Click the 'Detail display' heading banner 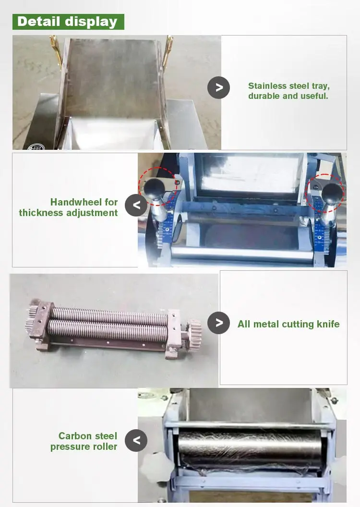tap(68, 22)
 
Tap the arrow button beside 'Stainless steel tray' tap(218, 87)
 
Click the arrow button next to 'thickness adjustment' tap(136, 205)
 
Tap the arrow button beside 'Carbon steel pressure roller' tap(136, 440)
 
